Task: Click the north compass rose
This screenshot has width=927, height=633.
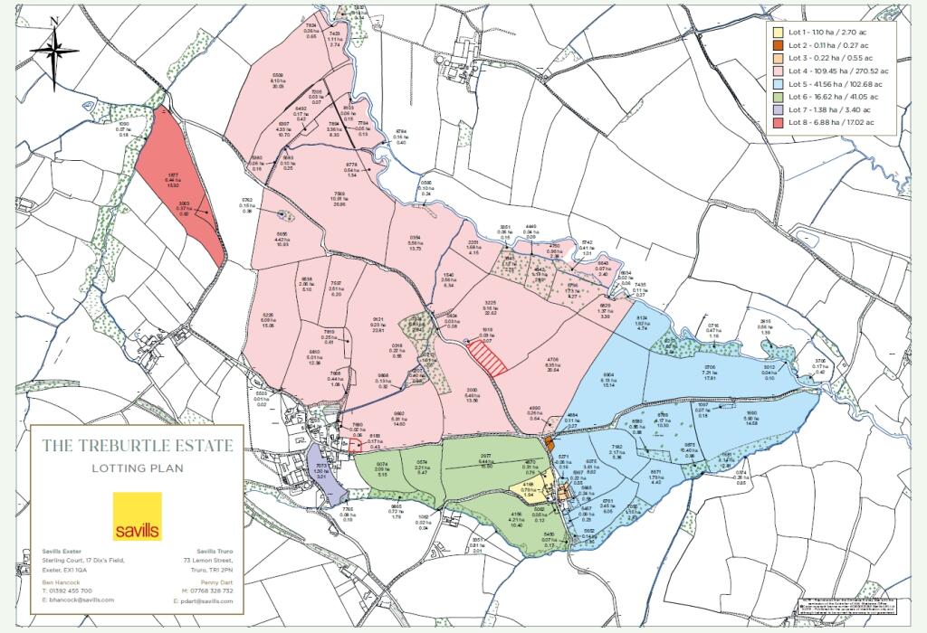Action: tap(54, 52)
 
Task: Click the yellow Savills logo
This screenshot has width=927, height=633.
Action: tap(138, 515)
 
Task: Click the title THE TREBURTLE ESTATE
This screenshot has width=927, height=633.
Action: tap(138, 446)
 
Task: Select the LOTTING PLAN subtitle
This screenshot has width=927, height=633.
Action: tap(138, 468)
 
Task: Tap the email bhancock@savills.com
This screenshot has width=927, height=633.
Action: tap(81, 600)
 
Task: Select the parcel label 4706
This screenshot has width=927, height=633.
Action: tap(551, 360)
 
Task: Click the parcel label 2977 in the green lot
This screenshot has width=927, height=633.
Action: tap(485, 458)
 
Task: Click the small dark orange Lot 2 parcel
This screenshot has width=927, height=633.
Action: tap(550, 444)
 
